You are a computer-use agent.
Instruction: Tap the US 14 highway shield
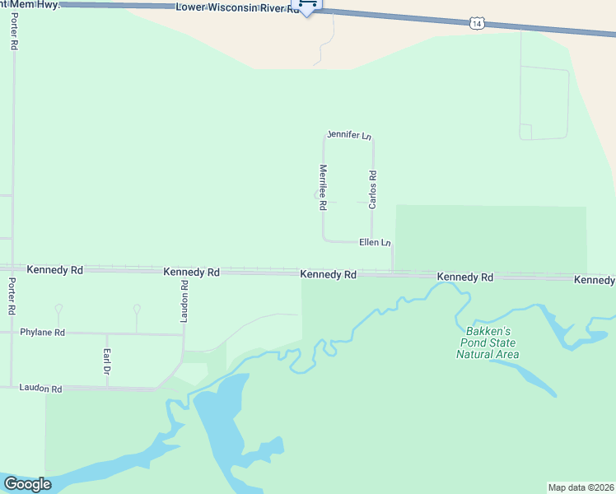478,24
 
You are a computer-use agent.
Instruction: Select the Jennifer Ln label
349,134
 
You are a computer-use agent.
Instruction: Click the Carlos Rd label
373,189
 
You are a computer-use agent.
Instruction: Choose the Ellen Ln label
375,243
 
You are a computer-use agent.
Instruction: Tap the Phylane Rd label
42,333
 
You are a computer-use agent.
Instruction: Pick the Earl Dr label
107,360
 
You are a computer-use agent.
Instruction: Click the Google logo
27,484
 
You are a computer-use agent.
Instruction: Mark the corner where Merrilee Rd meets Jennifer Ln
324,137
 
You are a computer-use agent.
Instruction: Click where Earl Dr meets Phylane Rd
107,333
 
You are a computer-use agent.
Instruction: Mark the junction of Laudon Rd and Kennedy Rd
184,270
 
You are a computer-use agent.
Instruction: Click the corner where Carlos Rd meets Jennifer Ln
372,138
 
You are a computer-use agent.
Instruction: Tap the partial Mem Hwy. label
30,3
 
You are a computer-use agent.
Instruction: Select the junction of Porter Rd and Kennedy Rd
12,268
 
